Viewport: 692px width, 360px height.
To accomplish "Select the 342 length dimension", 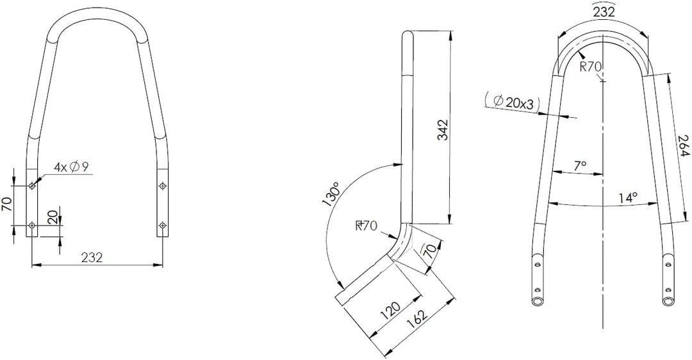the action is [443, 129].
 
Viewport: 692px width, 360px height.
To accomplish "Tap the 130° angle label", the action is [332, 196].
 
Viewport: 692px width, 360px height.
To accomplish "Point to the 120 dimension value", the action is [391, 312].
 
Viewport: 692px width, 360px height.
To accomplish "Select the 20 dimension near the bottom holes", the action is [53, 217].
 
